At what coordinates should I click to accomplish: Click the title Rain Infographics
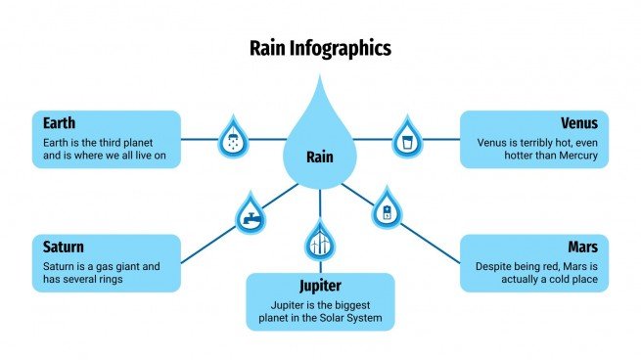pyautogui.click(x=320, y=47)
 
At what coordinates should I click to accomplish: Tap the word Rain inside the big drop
pyautogui.click(x=320, y=157)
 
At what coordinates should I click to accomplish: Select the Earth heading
pyautogui.click(x=60, y=123)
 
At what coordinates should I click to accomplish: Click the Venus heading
pyautogui.click(x=579, y=123)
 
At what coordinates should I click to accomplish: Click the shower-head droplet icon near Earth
pyautogui.click(x=233, y=138)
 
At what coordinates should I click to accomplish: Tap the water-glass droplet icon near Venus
pyautogui.click(x=406, y=138)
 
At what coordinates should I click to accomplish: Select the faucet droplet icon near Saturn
pyautogui.click(x=250, y=213)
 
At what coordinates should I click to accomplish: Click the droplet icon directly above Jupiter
pyautogui.click(x=320, y=241)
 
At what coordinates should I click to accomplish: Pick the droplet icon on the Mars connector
pyautogui.click(x=387, y=209)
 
